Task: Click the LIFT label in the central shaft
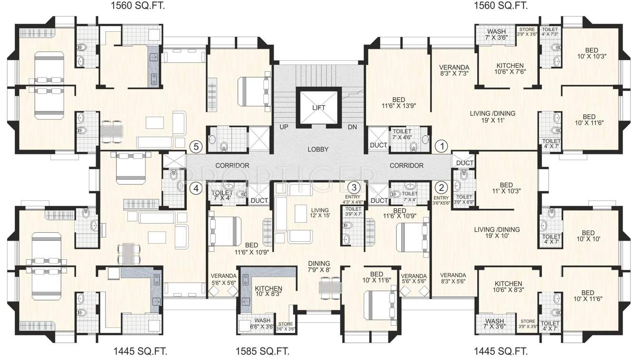pyautogui.click(x=318, y=108)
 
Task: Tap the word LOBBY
pyautogui.click(x=318, y=149)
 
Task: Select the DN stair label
pyautogui.click(x=352, y=127)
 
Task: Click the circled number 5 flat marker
pyautogui.click(x=195, y=146)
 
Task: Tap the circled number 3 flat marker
pyautogui.click(x=354, y=187)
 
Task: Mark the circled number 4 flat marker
pyautogui.click(x=195, y=188)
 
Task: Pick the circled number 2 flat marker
pyautogui.click(x=442, y=187)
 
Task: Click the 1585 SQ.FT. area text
pyautogui.click(x=262, y=352)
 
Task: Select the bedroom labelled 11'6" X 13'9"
pyautogui.click(x=398, y=103)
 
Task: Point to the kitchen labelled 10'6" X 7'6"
pyautogui.click(x=510, y=69)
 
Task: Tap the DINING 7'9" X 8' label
pyautogui.click(x=319, y=266)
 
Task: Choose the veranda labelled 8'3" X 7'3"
pyautogui.click(x=454, y=70)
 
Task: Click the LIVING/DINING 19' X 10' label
pyautogui.click(x=496, y=233)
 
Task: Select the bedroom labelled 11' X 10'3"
pyautogui.click(x=506, y=188)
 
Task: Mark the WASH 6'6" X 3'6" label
pyautogui.click(x=262, y=323)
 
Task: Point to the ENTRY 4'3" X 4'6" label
pyautogui.click(x=353, y=199)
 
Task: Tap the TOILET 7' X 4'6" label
pyautogui.click(x=402, y=134)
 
